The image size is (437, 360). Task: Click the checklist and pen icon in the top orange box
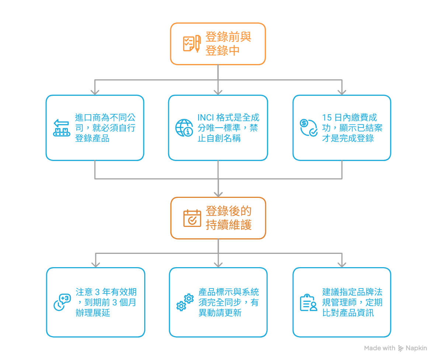[x=192, y=44]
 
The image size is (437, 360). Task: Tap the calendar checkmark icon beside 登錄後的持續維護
[x=192, y=218]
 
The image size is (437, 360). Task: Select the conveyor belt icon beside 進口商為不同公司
[x=61, y=128]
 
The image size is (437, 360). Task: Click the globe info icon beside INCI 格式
[x=184, y=128]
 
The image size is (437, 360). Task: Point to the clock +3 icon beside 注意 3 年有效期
[x=62, y=302]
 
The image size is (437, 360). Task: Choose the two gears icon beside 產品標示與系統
[x=185, y=302]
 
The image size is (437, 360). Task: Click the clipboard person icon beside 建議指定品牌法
[x=308, y=303]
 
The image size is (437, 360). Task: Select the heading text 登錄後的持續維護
[x=229, y=218]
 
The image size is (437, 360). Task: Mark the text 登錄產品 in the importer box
[x=92, y=139]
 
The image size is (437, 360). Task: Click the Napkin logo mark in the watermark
[x=401, y=348]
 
